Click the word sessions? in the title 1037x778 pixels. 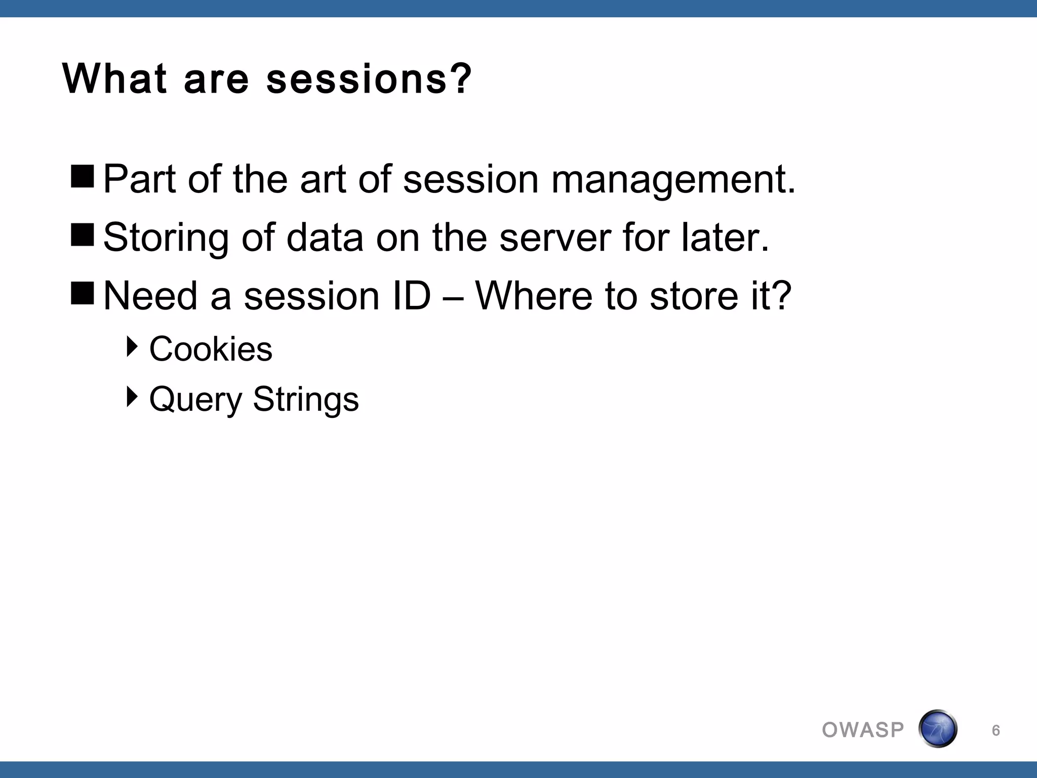[x=369, y=80]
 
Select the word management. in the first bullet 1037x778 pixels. [x=673, y=180]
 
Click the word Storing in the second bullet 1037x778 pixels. [x=166, y=238]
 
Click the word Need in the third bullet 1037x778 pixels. [x=150, y=296]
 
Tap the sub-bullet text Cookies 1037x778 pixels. [x=211, y=349]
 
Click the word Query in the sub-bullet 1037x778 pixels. [x=196, y=400]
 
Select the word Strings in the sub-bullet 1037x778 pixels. [x=306, y=400]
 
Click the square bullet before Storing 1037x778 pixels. [x=83, y=235]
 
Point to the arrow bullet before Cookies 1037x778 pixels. [x=132, y=347]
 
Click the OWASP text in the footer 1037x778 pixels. [x=863, y=730]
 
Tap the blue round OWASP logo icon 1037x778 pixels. [x=937, y=729]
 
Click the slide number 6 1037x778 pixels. [x=995, y=730]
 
